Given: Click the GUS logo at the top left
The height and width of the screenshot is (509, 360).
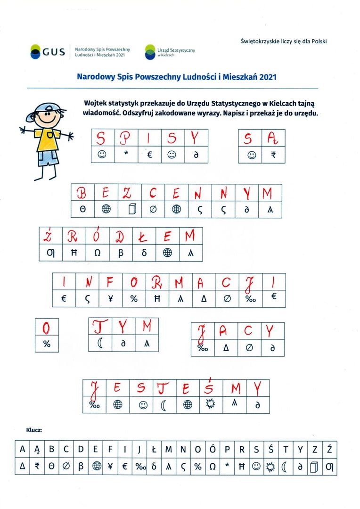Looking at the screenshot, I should [x=47, y=51].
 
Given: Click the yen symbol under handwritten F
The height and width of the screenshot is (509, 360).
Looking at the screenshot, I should [x=111, y=298].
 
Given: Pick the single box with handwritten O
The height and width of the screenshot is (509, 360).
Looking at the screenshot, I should [x=47, y=327].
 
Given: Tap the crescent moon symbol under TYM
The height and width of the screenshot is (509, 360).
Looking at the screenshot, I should [x=100, y=344].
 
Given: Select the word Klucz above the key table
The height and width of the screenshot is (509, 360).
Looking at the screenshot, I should [x=34, y=430].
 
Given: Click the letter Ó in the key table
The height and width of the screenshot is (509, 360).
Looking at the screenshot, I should [x=212, y=450].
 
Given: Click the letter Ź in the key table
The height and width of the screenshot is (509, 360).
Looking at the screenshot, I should [x=329, y=450].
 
